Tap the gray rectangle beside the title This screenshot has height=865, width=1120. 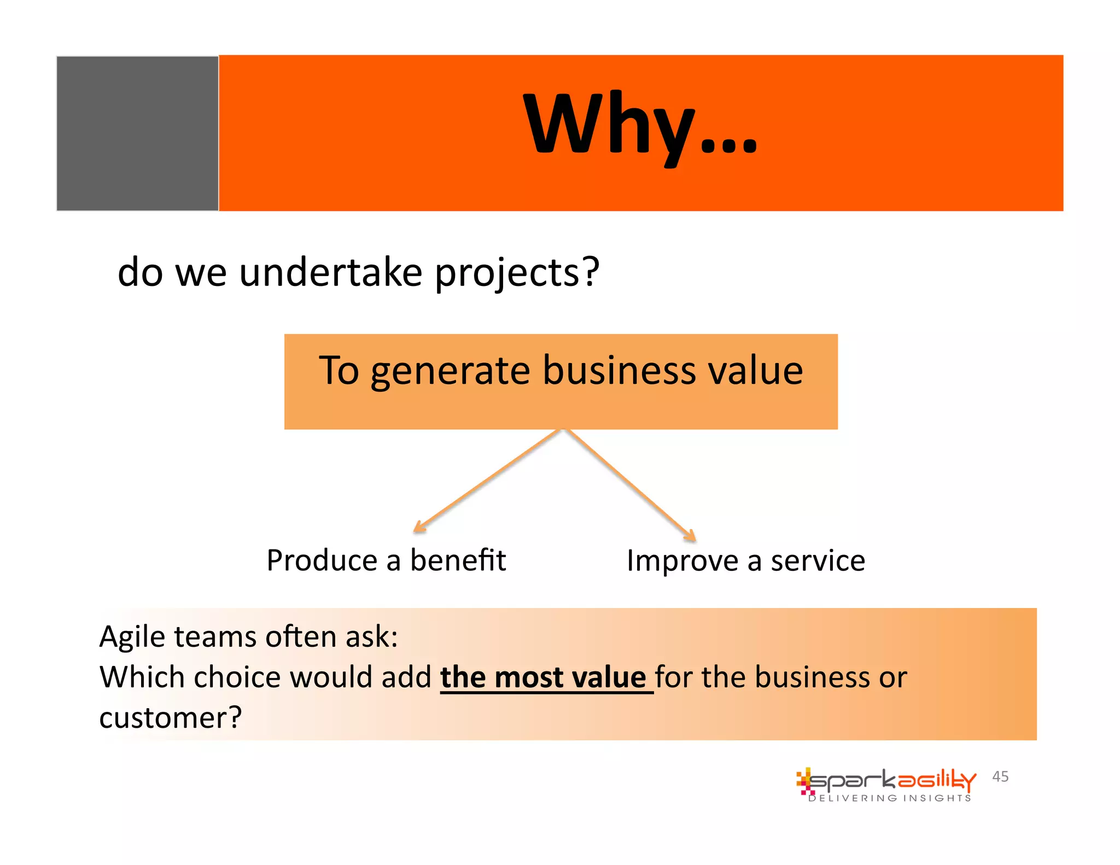click(137, 133)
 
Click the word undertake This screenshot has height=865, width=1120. click(330, 272)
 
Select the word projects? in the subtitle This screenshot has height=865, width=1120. click(517, 273)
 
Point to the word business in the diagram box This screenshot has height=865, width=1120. click(619, 371)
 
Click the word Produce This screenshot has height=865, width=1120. click(322, 560)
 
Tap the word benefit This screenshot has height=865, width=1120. click(458, 560)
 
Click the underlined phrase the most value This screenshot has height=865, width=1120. click(543, 677)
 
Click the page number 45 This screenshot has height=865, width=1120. click(1000, 776)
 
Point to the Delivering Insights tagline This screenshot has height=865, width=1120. click(889, 798)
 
